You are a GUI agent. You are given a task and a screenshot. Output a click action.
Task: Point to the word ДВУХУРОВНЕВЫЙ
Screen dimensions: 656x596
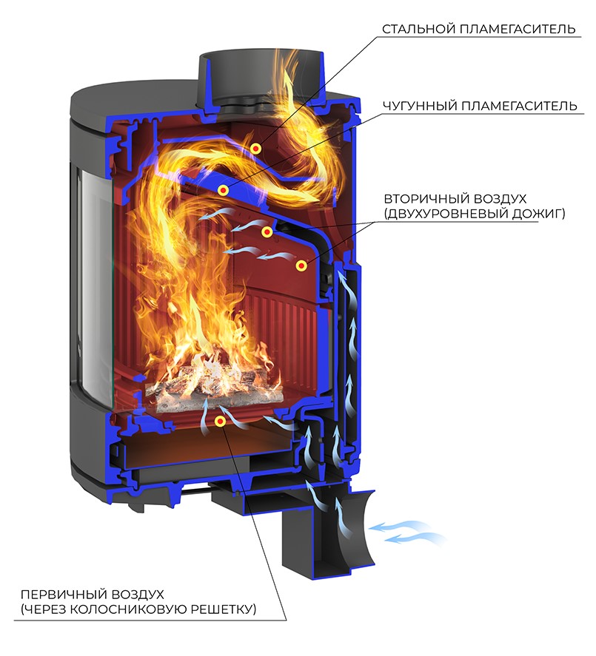[x=449, y=214]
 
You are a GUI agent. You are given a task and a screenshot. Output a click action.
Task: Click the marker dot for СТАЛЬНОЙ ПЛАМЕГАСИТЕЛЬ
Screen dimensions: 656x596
[x=255, y=149]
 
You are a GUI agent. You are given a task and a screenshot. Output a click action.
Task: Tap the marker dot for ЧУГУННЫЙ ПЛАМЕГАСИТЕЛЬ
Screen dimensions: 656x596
[x=223, y=190]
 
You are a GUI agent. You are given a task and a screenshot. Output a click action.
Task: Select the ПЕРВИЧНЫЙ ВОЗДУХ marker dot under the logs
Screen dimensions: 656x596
[x=220, y=421]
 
